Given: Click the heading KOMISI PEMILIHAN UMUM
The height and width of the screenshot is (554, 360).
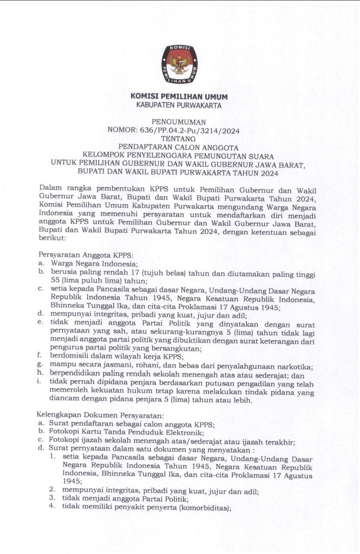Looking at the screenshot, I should tap(179, 96).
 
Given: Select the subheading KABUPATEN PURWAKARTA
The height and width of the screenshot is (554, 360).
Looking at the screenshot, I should tap(179, 106).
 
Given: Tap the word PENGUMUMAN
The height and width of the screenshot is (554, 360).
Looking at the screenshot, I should tap(179, 123).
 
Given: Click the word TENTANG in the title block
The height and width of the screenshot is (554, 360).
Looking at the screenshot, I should tap(179, 139).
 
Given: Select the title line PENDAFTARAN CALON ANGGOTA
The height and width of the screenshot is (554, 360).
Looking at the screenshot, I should tap(179, 146).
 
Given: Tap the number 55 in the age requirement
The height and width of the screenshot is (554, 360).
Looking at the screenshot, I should tap(56, 280).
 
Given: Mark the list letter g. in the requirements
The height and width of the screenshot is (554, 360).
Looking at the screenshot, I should tap(41, 367).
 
